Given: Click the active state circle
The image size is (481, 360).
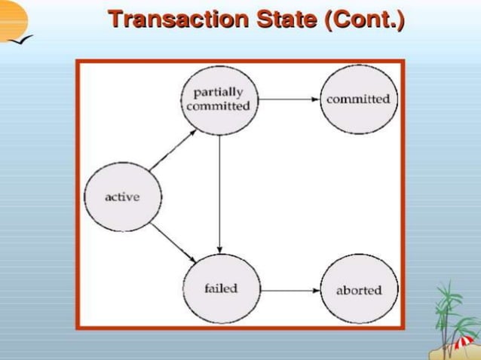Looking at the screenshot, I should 122,197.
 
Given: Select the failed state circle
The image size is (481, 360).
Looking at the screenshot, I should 221,288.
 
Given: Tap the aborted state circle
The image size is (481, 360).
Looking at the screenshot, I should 358,290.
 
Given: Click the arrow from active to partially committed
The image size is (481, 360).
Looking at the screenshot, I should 173,148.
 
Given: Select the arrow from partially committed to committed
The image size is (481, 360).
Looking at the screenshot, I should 289,99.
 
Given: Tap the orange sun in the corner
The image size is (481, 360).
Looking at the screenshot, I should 11,18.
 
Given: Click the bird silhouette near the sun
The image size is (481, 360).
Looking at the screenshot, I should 26,38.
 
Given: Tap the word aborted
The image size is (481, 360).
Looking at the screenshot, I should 359,290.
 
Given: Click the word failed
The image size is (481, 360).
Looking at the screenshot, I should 221,288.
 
